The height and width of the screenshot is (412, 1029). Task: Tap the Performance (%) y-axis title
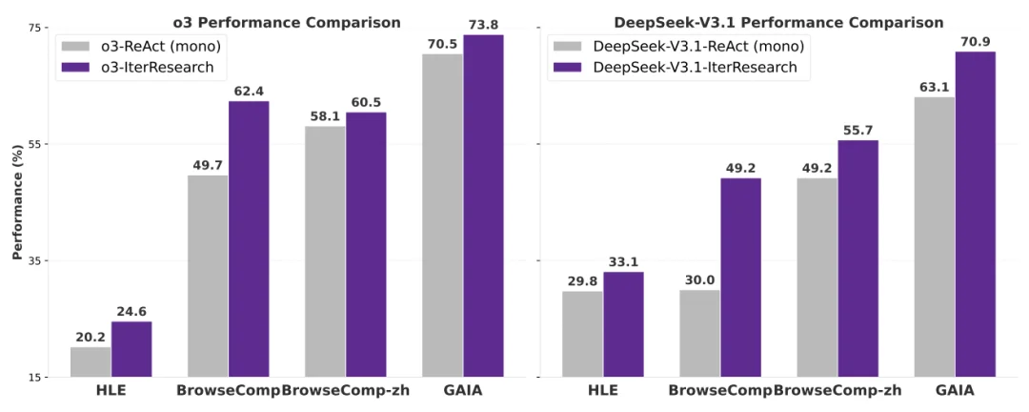17,202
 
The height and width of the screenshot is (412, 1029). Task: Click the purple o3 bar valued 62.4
249,238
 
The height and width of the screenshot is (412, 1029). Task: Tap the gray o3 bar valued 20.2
91,361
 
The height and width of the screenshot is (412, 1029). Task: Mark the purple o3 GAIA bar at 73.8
483,205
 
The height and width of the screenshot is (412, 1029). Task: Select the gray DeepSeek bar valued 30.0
699,333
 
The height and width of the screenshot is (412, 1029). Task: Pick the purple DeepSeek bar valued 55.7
858,258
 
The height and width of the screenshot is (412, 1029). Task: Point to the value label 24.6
131,311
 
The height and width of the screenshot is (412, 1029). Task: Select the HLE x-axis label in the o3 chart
111,390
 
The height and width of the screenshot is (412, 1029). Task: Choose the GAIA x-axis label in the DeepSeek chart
955,390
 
